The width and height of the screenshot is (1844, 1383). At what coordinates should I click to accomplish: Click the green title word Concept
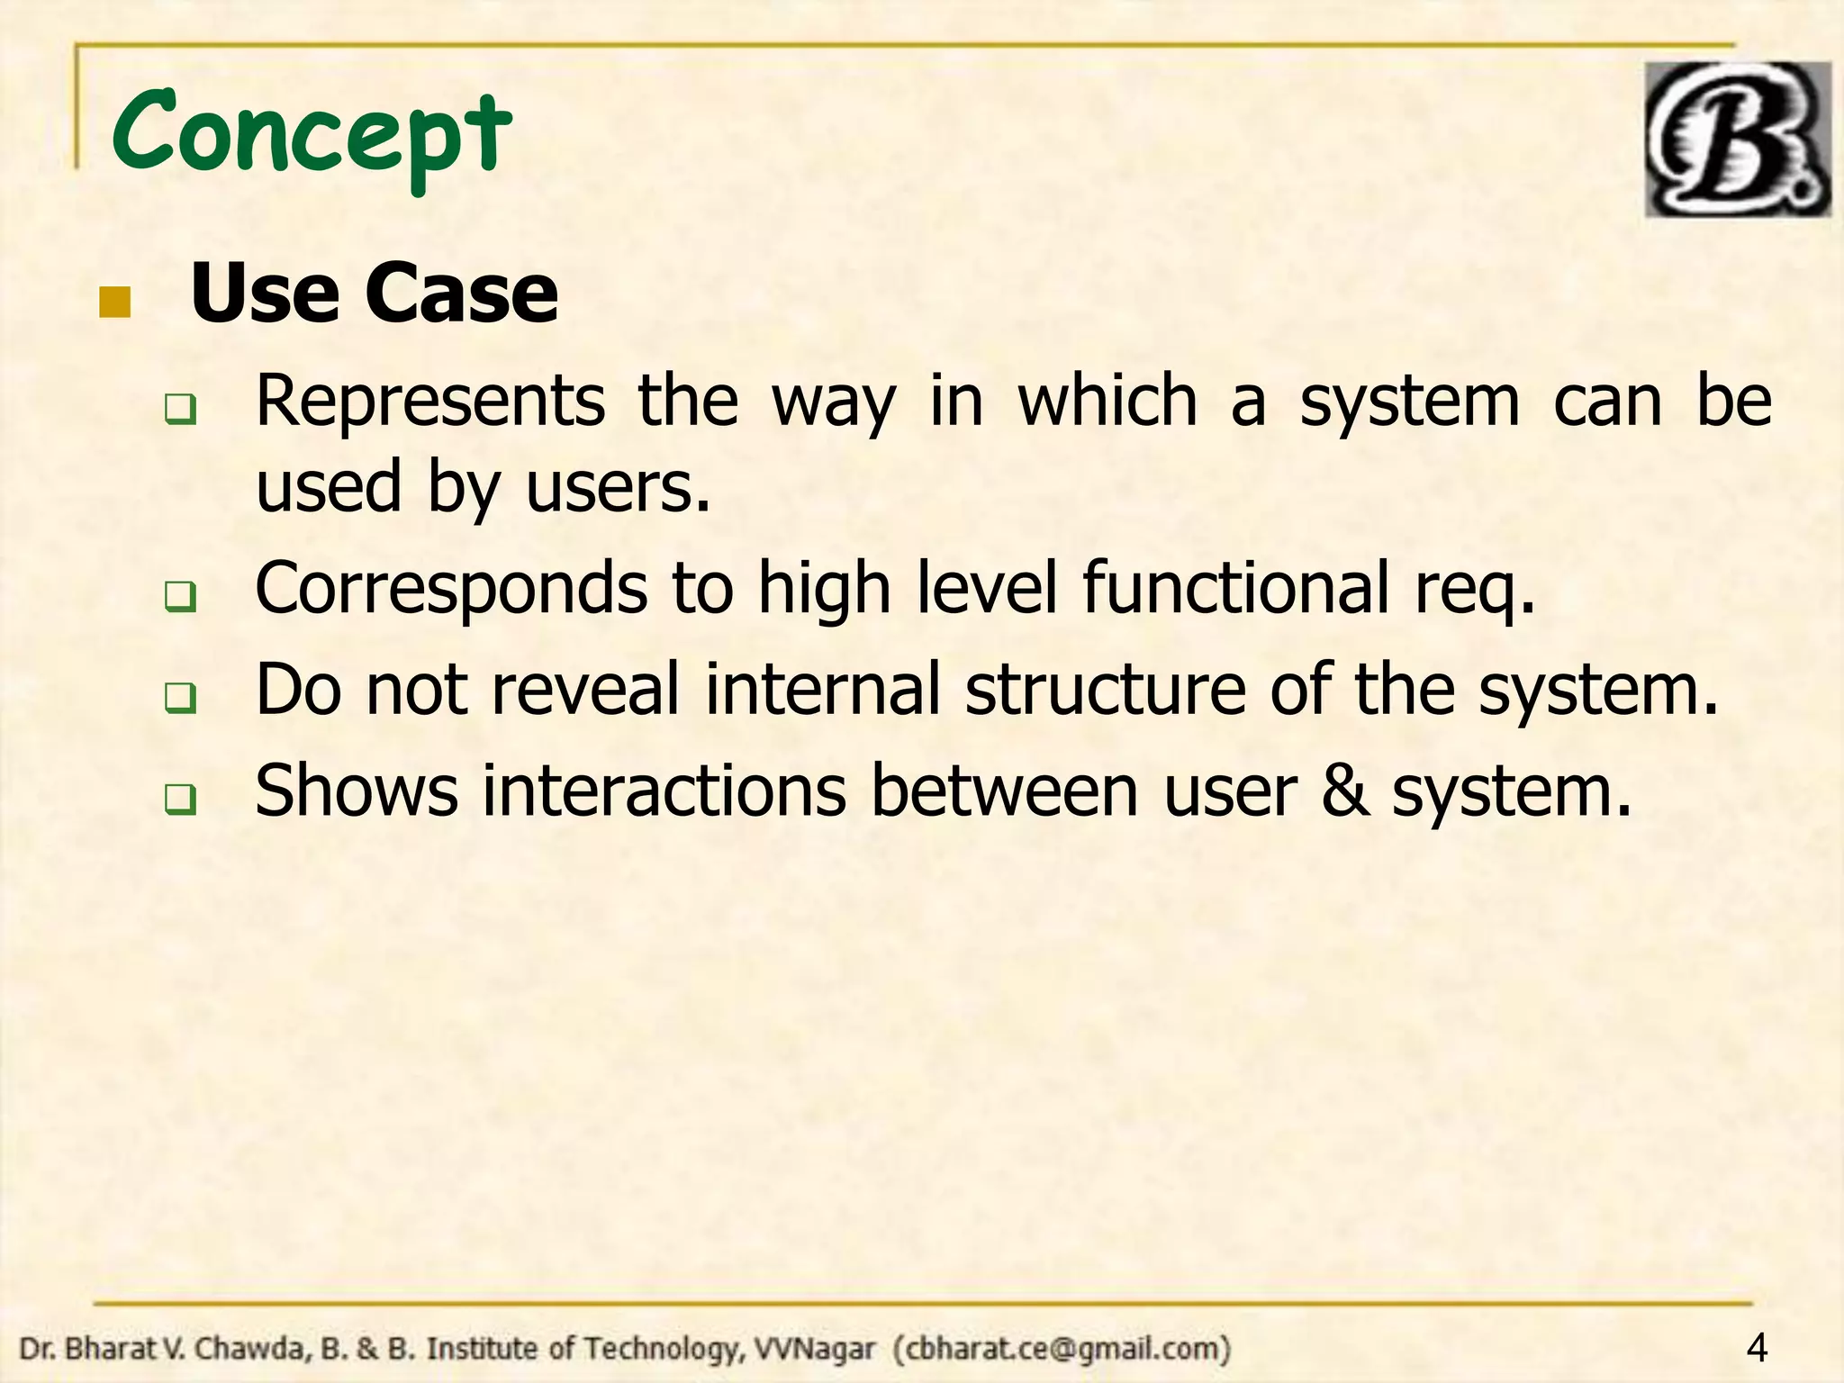click(311, 135)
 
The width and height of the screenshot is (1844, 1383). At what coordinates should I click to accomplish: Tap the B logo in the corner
click(1737, 140)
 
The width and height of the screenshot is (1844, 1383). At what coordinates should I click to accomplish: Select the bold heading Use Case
click(374, 294)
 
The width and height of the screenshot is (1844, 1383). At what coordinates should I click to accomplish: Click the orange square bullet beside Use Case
click(114, 303)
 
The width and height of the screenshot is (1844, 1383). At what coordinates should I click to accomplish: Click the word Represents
click(429, 401)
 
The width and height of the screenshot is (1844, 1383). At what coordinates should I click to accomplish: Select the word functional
click(1235, 588)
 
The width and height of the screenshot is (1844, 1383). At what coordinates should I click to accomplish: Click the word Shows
click(357, 791)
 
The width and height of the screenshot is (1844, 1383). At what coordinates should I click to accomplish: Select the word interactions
click(664, 791)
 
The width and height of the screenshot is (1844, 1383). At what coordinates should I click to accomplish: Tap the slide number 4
click(1756, 1348)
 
